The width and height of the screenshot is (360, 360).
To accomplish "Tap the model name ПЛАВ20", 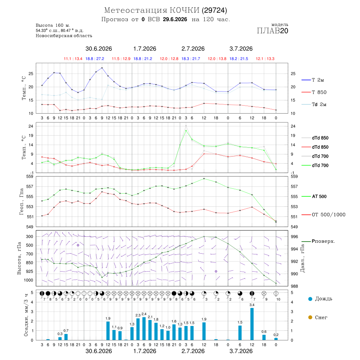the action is (x=272, y=31).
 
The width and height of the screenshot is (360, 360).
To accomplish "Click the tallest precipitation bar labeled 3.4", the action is (x=252, y=324).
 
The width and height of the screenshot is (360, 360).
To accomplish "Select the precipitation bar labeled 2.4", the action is (x=144, y=328).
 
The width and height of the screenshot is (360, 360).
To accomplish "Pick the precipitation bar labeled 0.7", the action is (x=66, y=337).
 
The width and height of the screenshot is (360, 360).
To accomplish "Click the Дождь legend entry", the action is (x=320, y=299).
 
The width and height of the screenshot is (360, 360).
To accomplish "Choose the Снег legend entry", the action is (x=318, y=317).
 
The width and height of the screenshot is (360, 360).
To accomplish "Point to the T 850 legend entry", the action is (x=314, y=92).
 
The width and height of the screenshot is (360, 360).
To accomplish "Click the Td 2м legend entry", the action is (x=314, y=104).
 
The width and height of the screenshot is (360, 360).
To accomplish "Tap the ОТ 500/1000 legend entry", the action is (x=324, y=215).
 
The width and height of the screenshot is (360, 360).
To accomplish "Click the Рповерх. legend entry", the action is (x=318, y=241).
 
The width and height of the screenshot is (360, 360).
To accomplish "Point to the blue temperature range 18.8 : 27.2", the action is (x=95, y=59).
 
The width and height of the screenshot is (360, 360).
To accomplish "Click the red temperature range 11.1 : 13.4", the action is (x=73, y=59).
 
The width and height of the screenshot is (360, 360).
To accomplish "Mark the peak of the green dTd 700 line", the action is (x=186, y=131).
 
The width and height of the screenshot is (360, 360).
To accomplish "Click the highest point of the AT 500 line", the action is (x=204, y=179).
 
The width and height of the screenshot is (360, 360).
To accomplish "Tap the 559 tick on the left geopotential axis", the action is (x=30, y=176).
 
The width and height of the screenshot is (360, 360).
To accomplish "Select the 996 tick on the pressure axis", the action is (x=294, y=236).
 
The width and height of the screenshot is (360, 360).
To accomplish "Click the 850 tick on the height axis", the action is (x=29, y=263).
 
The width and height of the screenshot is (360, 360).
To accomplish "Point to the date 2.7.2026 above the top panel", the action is (x=193, y=49).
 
